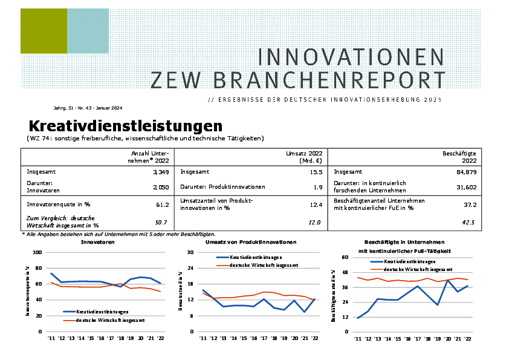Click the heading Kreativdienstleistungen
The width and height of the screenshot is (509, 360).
point(125,126)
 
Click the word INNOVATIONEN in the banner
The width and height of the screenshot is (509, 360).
point(351,57)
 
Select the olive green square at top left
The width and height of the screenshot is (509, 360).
point(44,31)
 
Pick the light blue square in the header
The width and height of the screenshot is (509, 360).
point(88,31)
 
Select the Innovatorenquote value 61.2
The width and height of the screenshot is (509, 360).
point(161,205)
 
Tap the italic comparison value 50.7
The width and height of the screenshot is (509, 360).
point(161,223)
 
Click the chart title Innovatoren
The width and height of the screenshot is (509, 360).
point(97,242)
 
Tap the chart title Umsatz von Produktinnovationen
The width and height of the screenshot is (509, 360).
point(251,242)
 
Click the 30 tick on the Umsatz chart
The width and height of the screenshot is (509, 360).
point(190,252)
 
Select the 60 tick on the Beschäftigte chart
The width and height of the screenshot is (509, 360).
point(346,257)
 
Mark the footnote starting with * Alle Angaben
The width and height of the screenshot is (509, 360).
point(118,234)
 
